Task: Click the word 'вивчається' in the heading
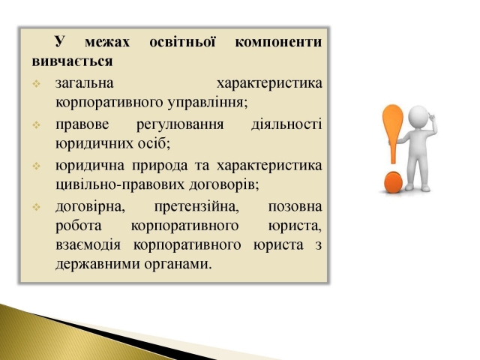click(x=72, y=61)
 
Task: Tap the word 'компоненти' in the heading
click(x=278, y=42)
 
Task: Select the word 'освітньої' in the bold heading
click(x=182, y=42)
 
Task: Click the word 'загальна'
click(x=85, y=83)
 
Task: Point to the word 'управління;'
click(x=208, y=103)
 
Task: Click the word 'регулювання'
click(x=180, y=125)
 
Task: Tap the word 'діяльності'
click(x=286, y=124)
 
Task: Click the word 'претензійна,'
click(x=196, y=207)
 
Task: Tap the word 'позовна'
click(x=295, y=207)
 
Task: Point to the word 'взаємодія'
click(x=88, y=245)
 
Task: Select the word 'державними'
click(x=97, y=264)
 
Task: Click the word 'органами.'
click(x=178, y=265)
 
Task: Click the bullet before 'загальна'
click(x=37, y=83)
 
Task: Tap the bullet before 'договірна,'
click(x=37, y=207)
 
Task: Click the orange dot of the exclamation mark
click(x=393, y=181)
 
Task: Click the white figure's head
click(x=418, y=117)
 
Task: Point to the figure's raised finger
click(x=430, y=115)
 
